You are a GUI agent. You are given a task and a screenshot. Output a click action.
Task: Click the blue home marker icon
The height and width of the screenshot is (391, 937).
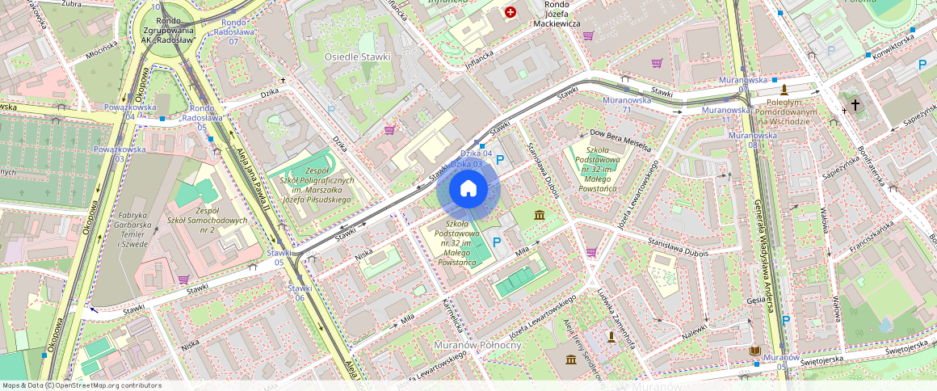click(x=468, y=189)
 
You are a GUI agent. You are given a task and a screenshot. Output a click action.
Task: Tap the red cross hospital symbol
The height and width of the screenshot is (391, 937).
click(x=511, y=12)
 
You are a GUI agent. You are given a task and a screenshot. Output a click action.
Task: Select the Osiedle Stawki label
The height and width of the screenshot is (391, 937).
click(x=357, y=57)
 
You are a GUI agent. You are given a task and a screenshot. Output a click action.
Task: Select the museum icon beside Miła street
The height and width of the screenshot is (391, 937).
click(x=539, y=215)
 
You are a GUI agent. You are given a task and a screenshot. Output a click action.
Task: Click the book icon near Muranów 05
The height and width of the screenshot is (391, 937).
click(x=755, y=351)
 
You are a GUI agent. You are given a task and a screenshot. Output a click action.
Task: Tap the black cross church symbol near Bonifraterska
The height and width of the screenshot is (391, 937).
click(x=855, y=105)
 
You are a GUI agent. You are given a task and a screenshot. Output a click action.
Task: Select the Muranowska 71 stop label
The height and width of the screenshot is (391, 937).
click(x=627, y=105)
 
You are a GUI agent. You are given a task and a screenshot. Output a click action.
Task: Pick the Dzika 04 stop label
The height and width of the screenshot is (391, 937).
click(x=476, y=153)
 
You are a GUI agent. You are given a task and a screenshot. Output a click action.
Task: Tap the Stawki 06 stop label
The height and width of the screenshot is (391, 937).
click(x=299, y=292)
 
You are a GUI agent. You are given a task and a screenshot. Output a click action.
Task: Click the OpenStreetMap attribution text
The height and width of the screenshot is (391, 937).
click(x=82, y=385)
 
